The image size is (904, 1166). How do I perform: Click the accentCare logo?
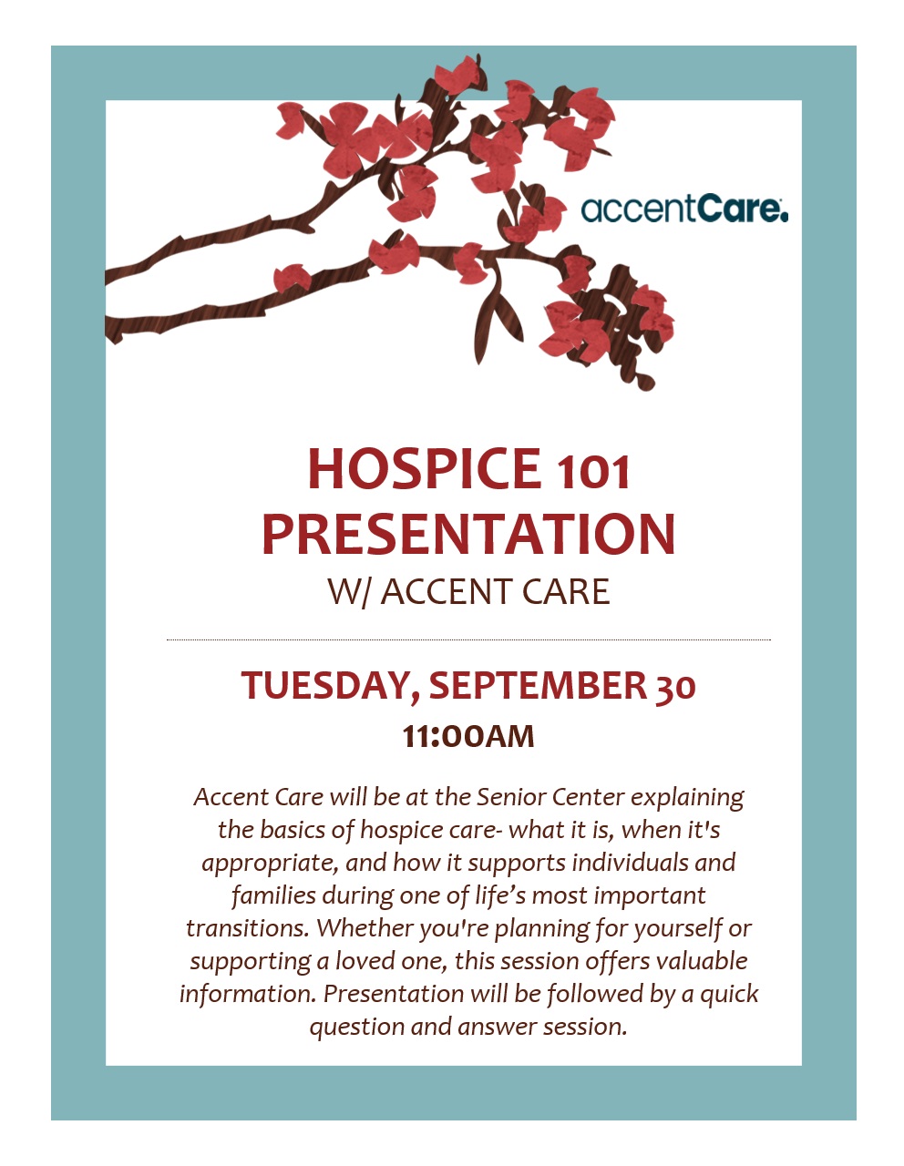683,209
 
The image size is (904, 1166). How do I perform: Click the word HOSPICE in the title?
424,468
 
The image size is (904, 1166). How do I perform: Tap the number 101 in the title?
592,472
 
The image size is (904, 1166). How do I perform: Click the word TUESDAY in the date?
330,685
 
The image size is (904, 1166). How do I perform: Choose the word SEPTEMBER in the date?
538,685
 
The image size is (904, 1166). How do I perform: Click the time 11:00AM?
468,736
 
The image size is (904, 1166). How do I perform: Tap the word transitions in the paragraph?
248,927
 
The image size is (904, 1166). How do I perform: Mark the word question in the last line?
357,1028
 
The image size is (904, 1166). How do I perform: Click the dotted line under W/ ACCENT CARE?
468,640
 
